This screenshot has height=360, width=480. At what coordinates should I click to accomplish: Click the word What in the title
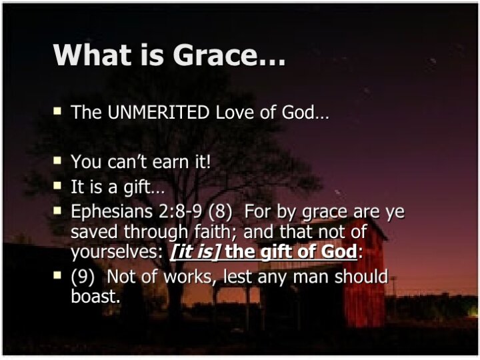click(93, 55)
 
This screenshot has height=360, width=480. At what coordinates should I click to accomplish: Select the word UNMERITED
click(159, 112)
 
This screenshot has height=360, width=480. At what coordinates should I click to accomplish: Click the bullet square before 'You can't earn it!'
click(57, 160)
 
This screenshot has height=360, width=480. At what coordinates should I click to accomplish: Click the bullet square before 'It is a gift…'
click(57, 185)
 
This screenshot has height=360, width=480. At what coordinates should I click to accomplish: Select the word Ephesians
click(112, 211)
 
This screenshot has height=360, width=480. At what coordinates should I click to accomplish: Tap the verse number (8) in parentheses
click(220, 211)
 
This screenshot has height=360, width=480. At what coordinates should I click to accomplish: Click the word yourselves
click(116, 251)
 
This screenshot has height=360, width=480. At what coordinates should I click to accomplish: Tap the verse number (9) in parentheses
click(83, 277)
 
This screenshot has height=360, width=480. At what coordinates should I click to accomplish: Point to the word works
click(187, 277)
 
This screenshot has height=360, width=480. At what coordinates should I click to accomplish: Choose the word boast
click(95, 296)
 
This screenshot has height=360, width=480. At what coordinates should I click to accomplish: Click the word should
click(361, 276)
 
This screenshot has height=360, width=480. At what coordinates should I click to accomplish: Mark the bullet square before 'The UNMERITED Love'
click(57, 110)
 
